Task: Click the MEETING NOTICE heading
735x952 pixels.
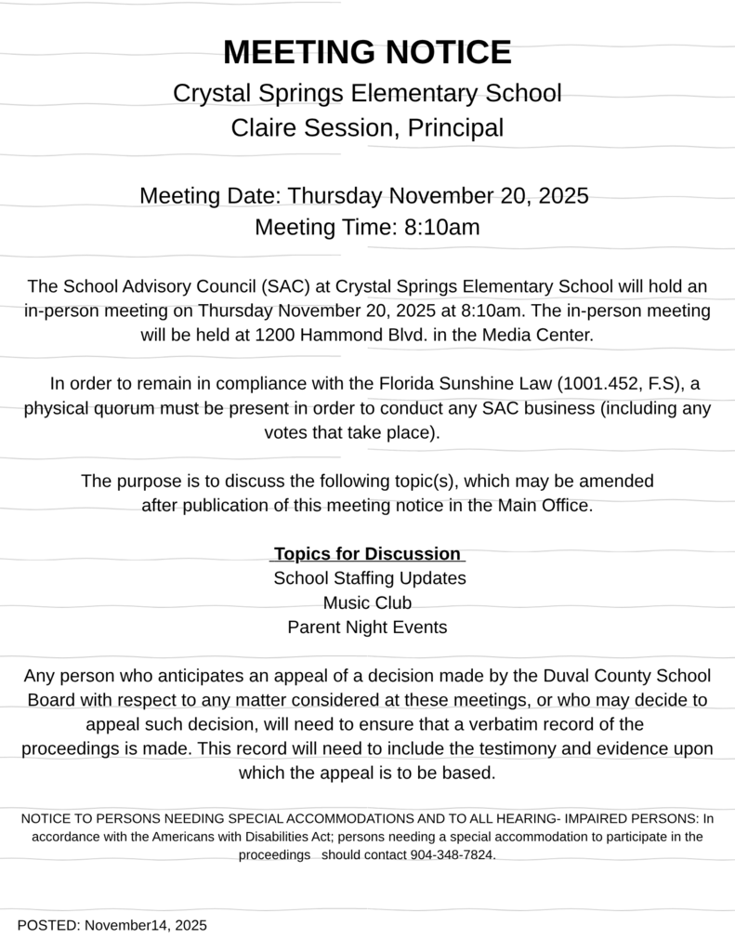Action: [367, 52]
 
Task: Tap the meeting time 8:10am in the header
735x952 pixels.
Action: [441, 227]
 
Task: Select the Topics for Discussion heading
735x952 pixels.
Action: [367, 554]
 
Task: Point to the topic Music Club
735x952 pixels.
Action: [367, 602]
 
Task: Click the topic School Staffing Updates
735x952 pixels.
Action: [369, 578]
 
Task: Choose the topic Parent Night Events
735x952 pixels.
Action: [367, 627]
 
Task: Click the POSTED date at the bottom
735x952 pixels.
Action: [112, 925]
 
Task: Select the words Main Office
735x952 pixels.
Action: [545, 506]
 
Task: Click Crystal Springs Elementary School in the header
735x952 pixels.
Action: [367, 94]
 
